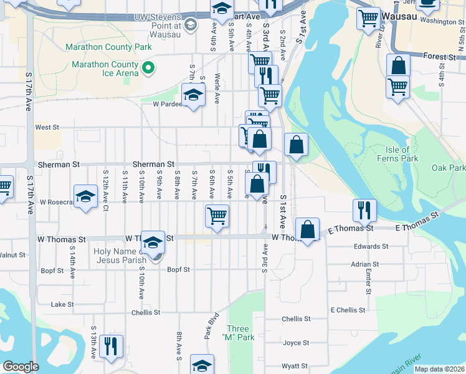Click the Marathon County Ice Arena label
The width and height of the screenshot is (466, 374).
click(104, 69)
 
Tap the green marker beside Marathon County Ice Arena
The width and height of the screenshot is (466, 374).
click(148, 69)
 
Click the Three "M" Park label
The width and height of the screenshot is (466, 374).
click(238, 333)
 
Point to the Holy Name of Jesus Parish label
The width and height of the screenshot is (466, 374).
click(121, 256)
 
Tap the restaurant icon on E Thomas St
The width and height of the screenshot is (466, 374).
click(364, 211)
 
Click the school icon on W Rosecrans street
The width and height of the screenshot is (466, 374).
click(85, 196)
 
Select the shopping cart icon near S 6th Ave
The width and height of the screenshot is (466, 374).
click(217, 216)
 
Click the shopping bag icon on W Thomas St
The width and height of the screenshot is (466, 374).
click(307, 229)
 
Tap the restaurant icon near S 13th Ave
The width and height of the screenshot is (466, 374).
click(111, 346)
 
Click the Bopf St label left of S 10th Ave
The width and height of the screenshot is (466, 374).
click(52, 271)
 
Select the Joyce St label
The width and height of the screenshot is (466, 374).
click(296, 343)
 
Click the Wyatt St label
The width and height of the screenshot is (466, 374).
click(295, 367)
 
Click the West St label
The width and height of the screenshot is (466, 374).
click(47, 127)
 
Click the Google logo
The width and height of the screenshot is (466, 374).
click(21, 367)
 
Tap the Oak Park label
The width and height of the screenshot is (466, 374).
click(449, 168)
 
